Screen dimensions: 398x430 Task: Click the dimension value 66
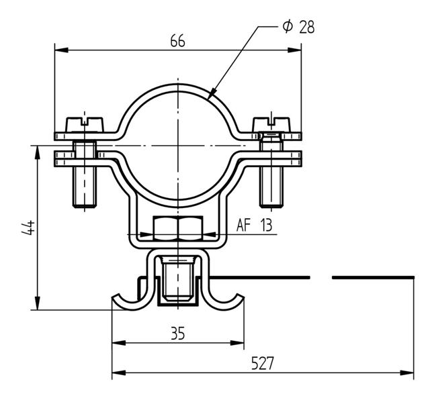[177, 40]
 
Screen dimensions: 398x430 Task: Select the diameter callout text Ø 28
[298, 27]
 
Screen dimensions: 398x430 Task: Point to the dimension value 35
[177, 334]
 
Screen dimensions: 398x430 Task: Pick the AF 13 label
[254, 226]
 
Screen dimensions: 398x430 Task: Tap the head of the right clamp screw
[271, 124]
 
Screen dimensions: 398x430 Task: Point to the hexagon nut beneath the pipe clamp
[177, 228]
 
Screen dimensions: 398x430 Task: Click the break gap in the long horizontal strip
[321, 277]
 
